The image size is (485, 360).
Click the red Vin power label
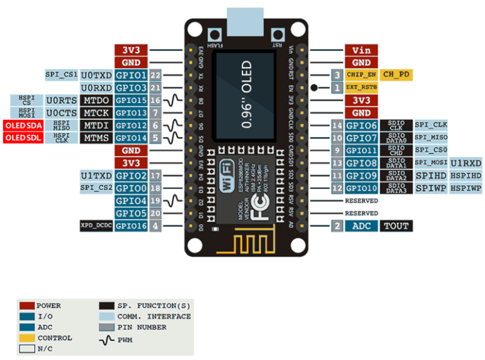[361, 50]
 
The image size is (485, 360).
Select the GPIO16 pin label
[131, 225]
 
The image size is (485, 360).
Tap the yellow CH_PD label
[397, 75]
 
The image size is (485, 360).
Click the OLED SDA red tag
[23, 125]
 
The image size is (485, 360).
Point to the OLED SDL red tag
[23, 138]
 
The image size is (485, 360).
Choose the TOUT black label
[397, 225]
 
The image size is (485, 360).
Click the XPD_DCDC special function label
[95, 225]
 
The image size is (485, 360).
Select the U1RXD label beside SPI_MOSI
[466, 163]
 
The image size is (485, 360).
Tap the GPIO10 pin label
[361, 188]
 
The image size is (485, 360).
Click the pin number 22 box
[156, 75]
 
